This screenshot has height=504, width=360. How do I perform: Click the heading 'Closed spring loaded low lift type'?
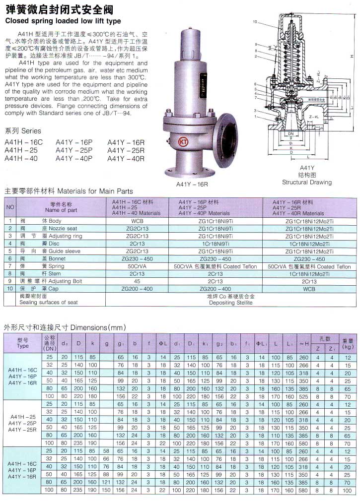tap(63, 21)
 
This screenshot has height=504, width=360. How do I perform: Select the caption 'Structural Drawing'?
tap(307, 183)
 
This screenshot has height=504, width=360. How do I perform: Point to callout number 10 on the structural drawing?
tap(255, 22)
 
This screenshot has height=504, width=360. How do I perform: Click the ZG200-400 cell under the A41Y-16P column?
tap(215, 289)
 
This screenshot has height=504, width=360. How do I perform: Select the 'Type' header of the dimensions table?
tap(23, 346)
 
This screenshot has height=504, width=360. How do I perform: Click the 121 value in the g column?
tap(106, 482)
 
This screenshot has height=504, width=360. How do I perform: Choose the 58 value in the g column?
tap(106, 451)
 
